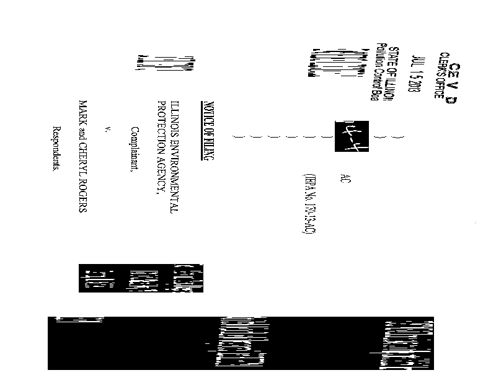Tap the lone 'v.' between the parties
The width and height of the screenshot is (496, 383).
pos(108,129)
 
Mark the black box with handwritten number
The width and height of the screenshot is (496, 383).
pos(344,134)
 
